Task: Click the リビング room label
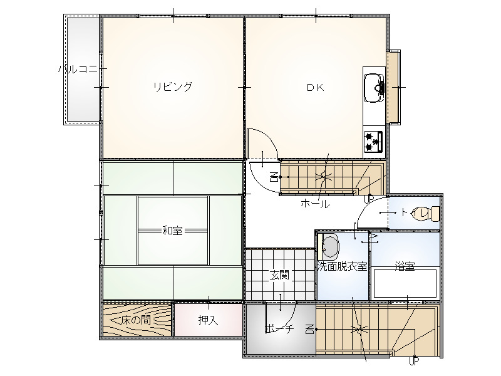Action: (173, 86)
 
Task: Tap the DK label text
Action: (316, 87)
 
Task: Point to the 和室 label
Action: (173, 230)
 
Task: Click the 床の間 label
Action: (136, 320)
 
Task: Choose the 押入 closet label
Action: (208, 320)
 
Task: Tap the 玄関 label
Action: (279, 274)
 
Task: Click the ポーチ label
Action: (279, 329)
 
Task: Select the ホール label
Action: (315, 204)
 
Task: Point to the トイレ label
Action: (415, 212)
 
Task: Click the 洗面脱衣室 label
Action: (342, 266)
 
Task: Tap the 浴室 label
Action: (405, 266)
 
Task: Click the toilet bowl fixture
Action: (433, 214)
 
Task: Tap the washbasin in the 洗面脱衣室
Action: (329, 246)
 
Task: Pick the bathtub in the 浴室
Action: (405, 284)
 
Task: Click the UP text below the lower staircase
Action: (414, 362)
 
